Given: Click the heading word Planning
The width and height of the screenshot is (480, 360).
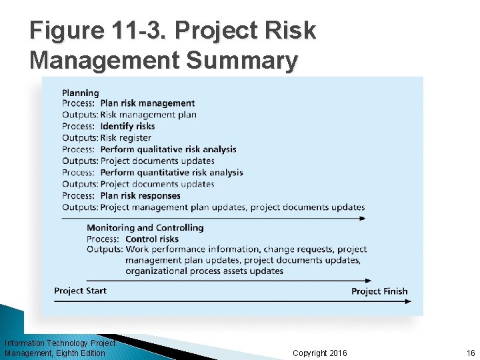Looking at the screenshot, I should click(x=80, y=93).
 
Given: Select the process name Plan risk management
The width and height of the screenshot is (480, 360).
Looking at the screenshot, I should click(x=147, y=103).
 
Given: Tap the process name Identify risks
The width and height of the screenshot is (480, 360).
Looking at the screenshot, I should click(x=127, y=126).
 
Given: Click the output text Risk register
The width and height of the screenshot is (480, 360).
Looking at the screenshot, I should click(x=125, y=138).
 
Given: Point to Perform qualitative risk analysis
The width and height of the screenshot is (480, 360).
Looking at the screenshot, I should click(x=168, y=149).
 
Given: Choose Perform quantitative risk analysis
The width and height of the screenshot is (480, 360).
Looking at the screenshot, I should click(x=171, y=173).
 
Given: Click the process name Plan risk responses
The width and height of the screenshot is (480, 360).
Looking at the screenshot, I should click(x=140, y=195).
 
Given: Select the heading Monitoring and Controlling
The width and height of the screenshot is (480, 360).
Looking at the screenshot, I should click(x=145, y=227).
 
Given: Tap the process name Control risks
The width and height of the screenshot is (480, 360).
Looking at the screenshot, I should click(x=152, y=239).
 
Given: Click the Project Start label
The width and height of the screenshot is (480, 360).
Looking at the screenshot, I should click(x=80, y=291).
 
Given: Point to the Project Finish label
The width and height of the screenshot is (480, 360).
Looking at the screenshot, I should click(x=379, y=291).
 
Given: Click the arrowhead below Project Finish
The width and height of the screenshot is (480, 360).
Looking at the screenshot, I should click(x=408, y=302).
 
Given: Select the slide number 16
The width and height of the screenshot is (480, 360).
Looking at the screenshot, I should click(x=471, y=353).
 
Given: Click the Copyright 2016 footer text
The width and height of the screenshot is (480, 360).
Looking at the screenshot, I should click(x=319, y=353).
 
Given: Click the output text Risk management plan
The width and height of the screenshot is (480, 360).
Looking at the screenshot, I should click(x=148, y=115).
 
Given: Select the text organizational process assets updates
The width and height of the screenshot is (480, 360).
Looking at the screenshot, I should click(x=204, y=271).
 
